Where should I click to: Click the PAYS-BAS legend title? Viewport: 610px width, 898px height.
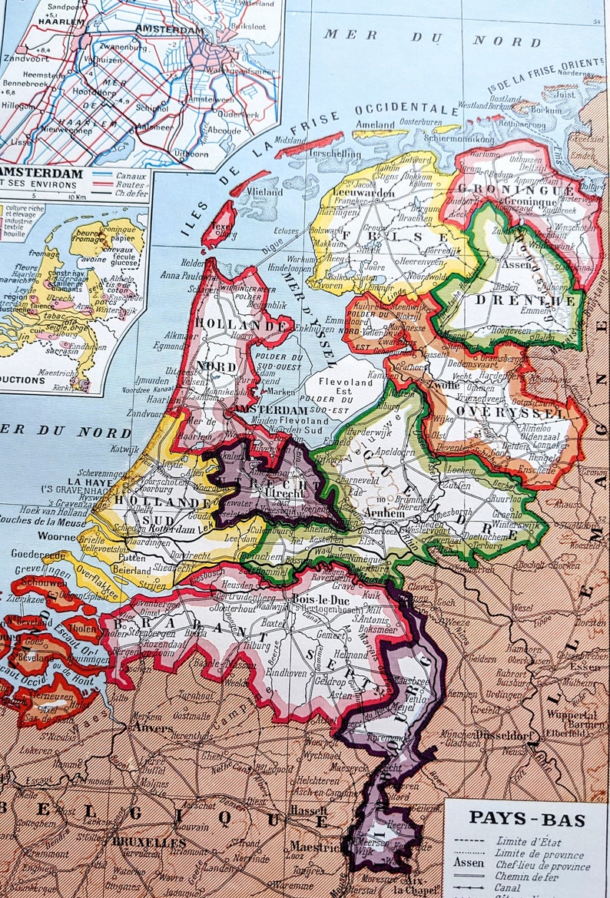527,818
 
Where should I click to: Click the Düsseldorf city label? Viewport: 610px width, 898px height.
485,733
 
